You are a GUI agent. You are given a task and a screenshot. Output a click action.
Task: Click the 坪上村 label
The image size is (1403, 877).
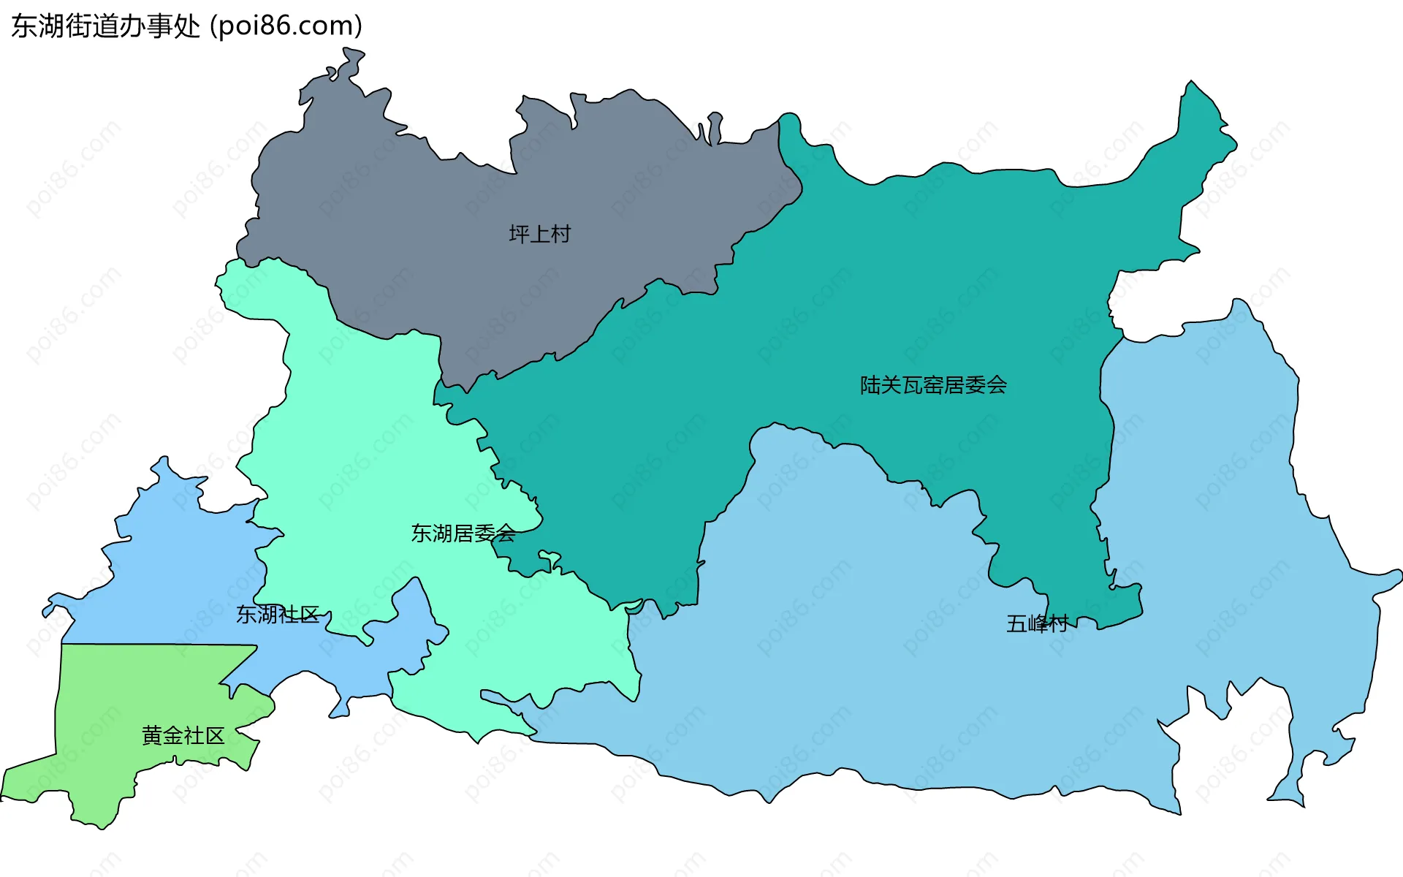pos(539,234)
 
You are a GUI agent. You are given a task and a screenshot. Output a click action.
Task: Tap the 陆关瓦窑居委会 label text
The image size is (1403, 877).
pos(933,385)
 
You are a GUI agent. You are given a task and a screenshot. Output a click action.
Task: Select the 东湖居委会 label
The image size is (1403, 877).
pos(463,534)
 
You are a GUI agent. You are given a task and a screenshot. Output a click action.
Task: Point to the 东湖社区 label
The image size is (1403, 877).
pos(278,615)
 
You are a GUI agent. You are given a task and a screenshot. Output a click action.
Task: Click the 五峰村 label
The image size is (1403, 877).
pos(1037,623)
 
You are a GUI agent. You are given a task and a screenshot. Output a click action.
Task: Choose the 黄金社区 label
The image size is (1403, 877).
pos(183,735)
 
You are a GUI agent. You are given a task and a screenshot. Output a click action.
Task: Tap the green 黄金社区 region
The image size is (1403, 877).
pos(132,702)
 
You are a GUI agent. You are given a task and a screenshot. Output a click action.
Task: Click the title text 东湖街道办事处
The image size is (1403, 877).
pos(105,26)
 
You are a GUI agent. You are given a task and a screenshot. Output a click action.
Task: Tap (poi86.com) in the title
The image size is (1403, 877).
pos(286,26)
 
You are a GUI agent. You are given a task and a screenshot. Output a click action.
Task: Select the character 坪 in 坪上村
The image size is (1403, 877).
pos(519,234)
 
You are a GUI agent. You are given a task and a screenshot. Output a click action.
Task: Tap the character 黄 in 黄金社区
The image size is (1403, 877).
pos(152,735)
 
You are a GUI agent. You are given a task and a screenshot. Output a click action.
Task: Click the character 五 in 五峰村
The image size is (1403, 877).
pos(1016,623)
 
